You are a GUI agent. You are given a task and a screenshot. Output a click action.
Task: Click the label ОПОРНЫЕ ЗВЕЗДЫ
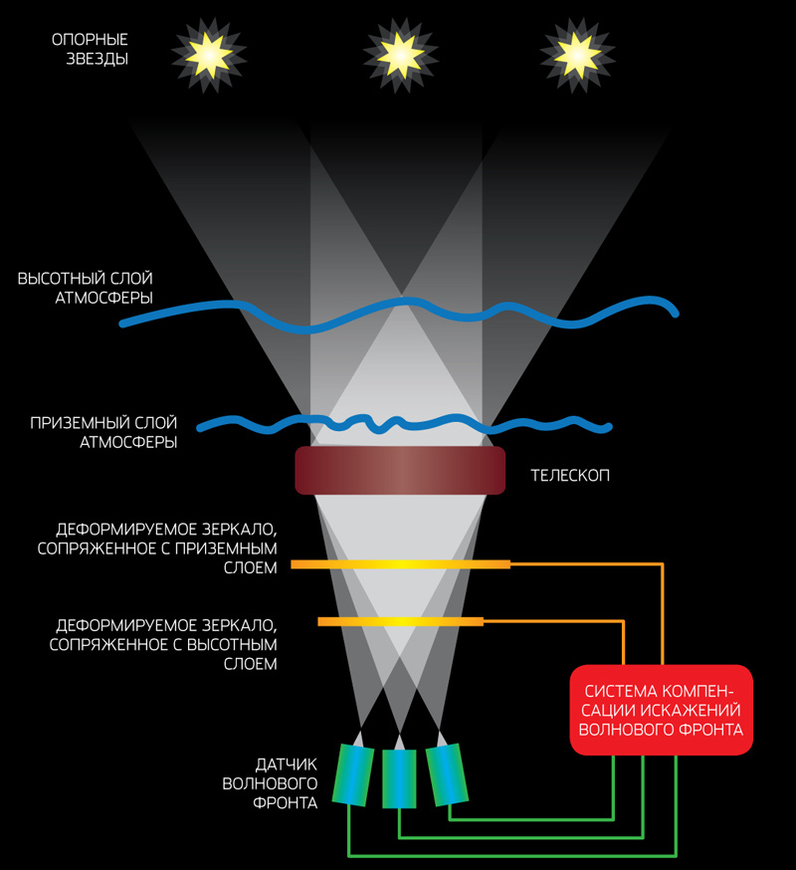[x=91, y=49]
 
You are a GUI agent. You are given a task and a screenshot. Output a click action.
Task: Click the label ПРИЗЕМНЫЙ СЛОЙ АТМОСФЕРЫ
[x=103, y=433]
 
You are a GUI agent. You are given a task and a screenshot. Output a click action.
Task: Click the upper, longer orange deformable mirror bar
[x=400, y=564]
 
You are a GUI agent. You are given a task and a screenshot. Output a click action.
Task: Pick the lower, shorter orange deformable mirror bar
[x=400, y=621]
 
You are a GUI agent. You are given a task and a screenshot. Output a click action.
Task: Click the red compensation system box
[x=662, y=710]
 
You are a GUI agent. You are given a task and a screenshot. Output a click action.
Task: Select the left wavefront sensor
[x=351, y=774]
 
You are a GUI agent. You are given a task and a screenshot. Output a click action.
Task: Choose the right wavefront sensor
[x=447, y=772]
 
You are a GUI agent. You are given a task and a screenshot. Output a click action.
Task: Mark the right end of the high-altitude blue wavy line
[x=676, y=313]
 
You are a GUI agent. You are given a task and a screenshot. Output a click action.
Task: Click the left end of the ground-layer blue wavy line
[x=201, y=428]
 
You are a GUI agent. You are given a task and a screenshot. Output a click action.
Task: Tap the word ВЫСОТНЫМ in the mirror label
[x=227, y=645]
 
